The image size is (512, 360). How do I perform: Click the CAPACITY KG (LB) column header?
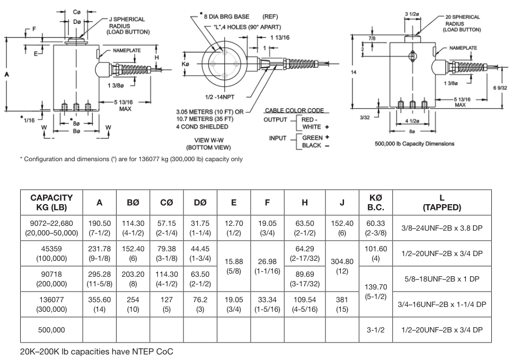tap(51, 202)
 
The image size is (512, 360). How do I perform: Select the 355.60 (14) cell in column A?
tap(99, 304)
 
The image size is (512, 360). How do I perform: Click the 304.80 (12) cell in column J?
tap(342, 266)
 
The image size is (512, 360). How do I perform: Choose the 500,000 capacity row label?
tap(51, 330)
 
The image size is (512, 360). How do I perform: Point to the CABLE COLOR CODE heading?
tap(294, 110)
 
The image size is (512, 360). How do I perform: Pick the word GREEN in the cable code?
tap(312, 138)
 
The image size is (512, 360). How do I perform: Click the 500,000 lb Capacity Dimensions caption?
tap(414, 144)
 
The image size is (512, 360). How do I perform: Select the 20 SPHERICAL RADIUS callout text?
tap(462, 23)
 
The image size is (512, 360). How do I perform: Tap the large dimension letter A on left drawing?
tap(7, 75)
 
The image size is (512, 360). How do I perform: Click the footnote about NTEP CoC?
tap(96, 352)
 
